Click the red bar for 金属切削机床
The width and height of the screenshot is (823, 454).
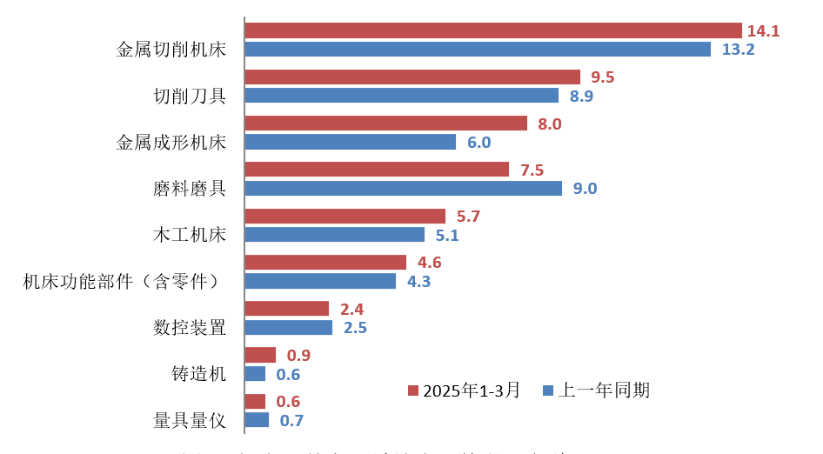492,30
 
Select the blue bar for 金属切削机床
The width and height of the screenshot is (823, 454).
478,50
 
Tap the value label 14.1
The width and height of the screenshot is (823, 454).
763,31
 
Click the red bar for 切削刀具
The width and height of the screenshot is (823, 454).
412,77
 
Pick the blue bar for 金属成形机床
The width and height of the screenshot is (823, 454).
350,142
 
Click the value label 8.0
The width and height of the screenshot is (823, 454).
550,124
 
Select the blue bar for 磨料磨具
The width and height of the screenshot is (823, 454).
403,188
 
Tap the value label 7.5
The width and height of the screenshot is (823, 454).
532,170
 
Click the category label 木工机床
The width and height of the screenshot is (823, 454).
189,235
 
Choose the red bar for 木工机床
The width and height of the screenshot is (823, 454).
345,217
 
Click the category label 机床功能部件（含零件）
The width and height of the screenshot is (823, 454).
122,281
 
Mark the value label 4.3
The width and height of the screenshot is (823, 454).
418,282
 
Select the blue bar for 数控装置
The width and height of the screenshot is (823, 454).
288,328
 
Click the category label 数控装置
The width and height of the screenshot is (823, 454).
189,328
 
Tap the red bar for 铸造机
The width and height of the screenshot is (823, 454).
260,355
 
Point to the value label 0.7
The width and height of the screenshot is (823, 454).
291,421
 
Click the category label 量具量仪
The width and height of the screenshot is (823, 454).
189,421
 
